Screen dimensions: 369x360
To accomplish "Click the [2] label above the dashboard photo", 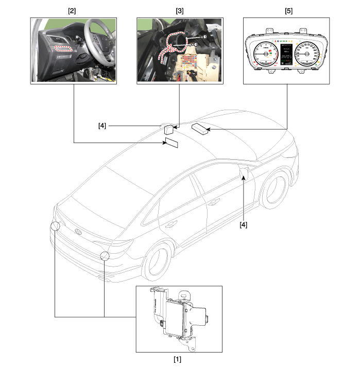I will coord(73,10).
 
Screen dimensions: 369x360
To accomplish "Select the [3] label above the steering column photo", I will coord(180,10).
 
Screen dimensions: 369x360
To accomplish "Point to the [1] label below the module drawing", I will coord(178,359).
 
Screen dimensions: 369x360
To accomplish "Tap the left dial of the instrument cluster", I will coord(265,54).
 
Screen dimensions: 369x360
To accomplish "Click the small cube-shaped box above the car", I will coord(170,129).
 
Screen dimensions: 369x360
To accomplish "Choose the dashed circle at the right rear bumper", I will coord(105,256).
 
